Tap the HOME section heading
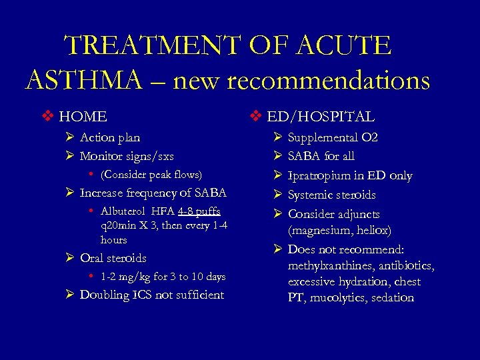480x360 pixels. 83,117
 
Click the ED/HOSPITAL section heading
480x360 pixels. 321,117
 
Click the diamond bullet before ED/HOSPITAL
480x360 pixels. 257,117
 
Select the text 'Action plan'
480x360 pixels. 110,137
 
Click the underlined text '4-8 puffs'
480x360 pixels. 199,211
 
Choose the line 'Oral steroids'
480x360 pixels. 113,258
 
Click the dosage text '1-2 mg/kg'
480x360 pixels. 125,277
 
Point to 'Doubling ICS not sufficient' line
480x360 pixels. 151,295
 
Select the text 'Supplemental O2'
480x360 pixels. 333,137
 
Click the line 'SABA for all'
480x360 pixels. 321,156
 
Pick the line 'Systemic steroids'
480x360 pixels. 331,195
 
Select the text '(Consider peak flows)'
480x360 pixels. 151,175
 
